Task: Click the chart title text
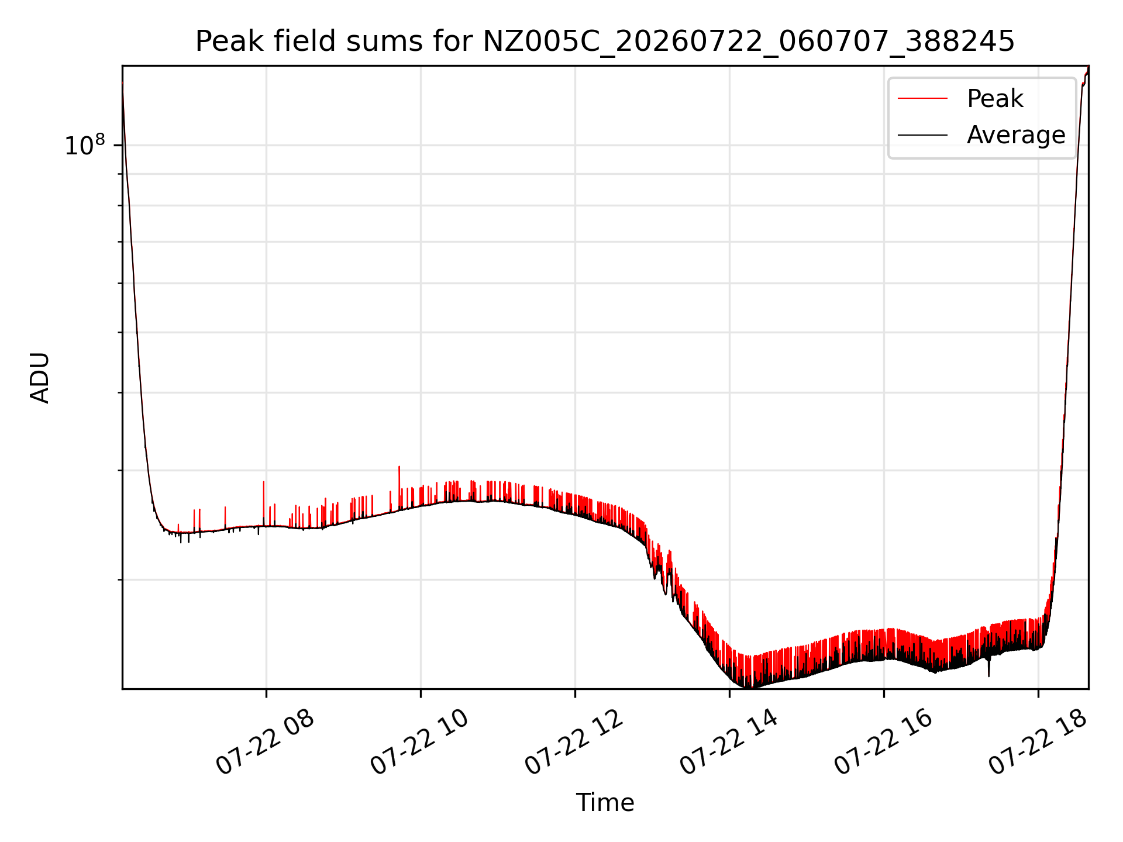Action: [x=605, y=42]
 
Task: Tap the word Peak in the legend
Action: [x=995, y=98]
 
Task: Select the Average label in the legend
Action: [x=1016, y=135]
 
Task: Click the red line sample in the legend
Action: [x=922, y=98]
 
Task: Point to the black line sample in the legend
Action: [x=922, y=135]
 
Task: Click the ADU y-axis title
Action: [x=40, y=378]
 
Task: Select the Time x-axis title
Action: [x=605, y=802]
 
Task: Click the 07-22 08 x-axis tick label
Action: [x=265, y=743]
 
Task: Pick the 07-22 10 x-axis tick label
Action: [x=419, y=743]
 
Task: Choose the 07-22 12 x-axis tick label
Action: [x=574, y=743]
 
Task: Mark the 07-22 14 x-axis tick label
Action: [x=728, y=743]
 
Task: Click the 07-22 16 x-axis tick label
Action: [x=883, y=743]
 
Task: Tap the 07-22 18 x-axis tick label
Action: [x=1037, y=743]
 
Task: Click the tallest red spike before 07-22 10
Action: [x=399, y=485]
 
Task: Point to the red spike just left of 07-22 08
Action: [x=263, y=503]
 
